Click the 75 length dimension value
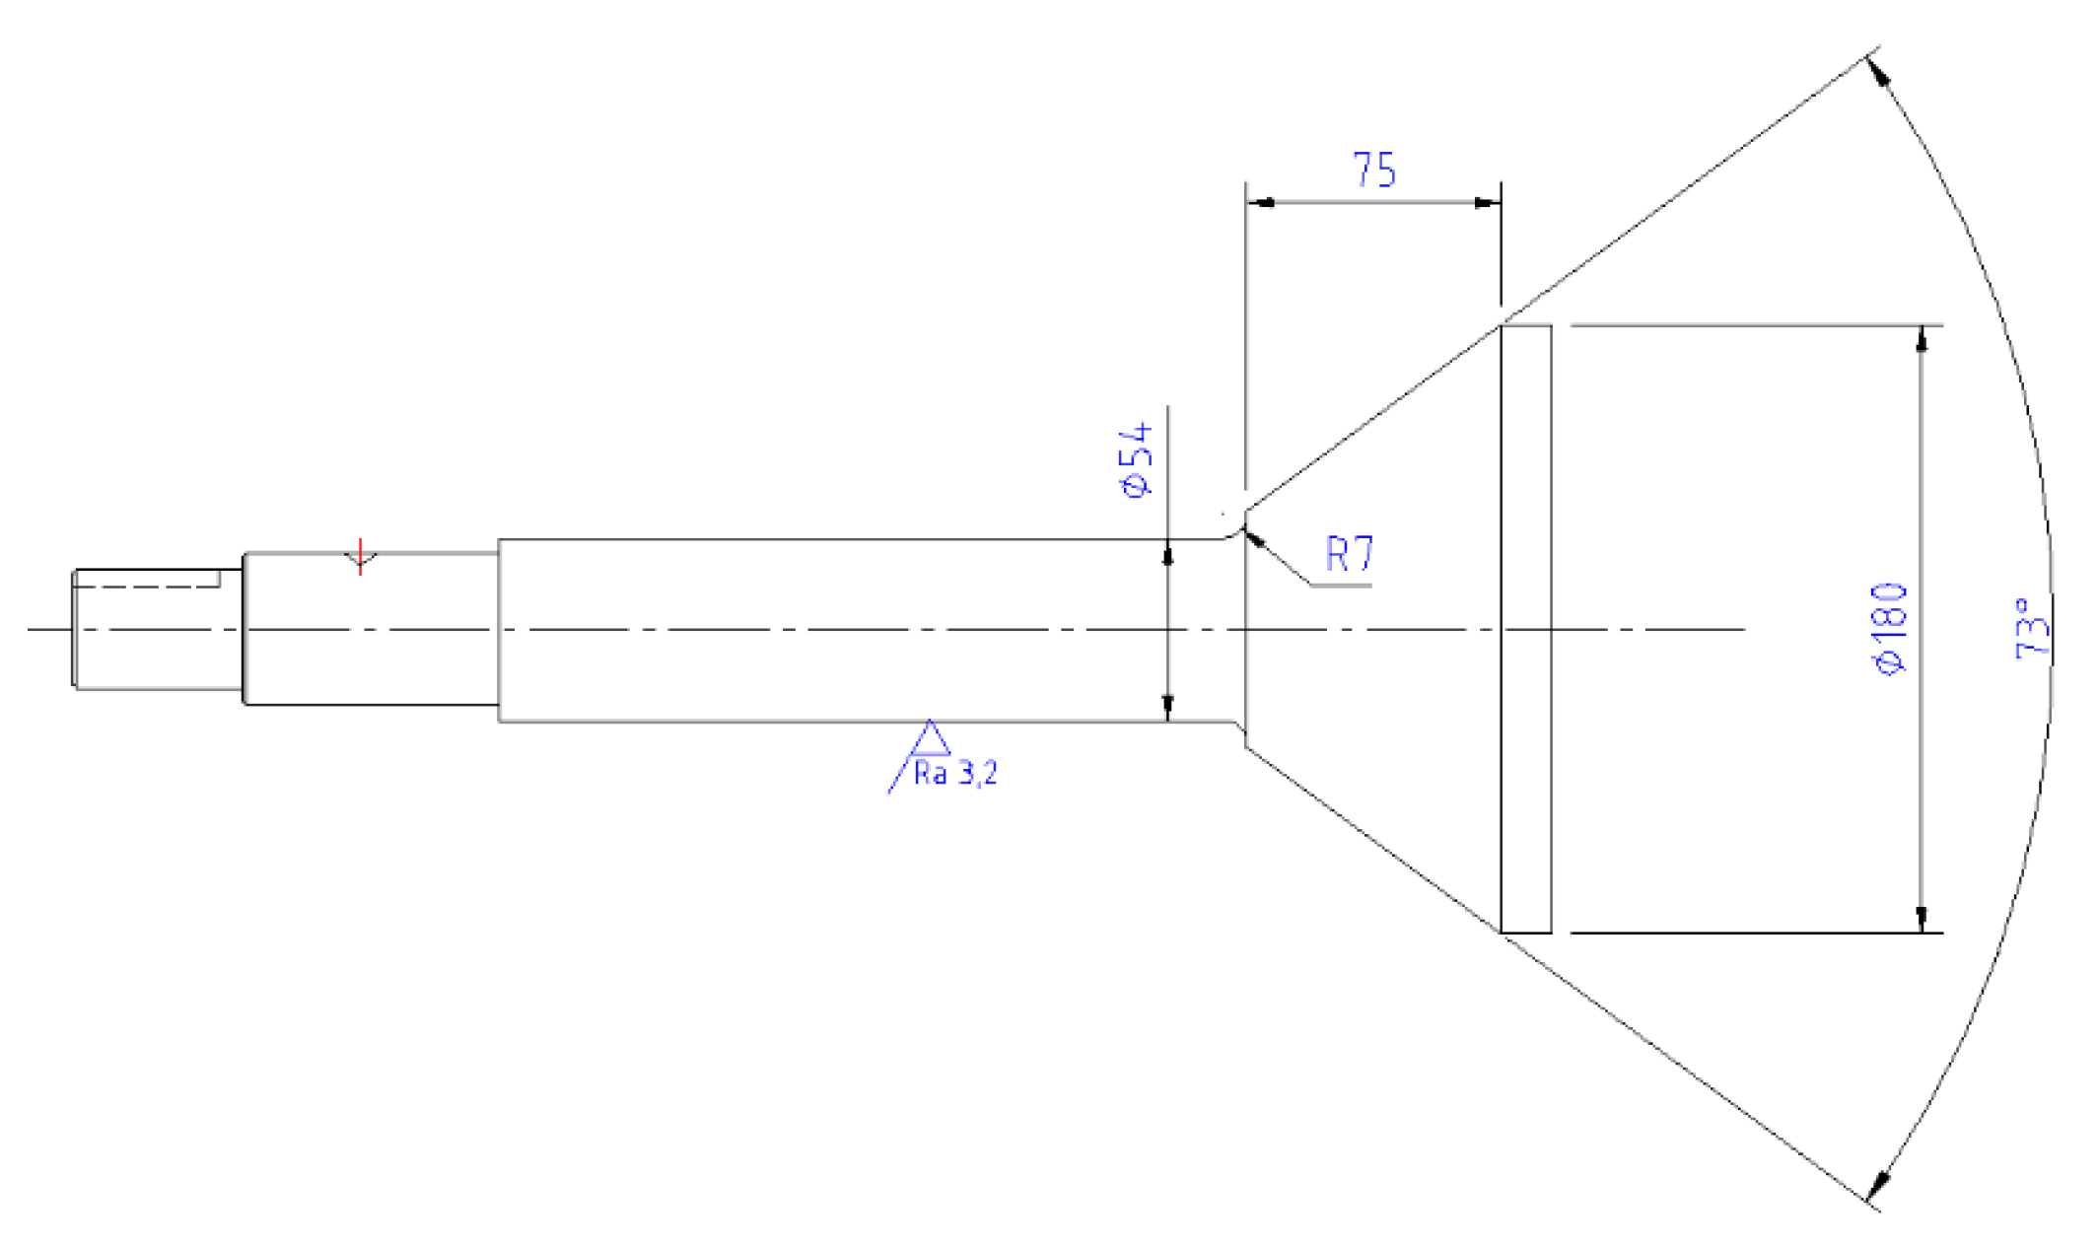coord(1373,171)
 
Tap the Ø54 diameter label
coord(1135,459)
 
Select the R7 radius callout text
coord(1349,553)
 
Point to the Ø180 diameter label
coord(1889,629)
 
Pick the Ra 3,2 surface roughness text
coord(955,774)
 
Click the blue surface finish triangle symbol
coord(929,740)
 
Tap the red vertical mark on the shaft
coord(361,556)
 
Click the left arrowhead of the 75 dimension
coord(1259,202)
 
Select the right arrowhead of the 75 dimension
coord(1488,202)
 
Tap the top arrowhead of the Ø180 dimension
coord(1921,337)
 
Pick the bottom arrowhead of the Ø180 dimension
coord(1921,919)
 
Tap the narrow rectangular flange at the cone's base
coord(1525,628)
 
